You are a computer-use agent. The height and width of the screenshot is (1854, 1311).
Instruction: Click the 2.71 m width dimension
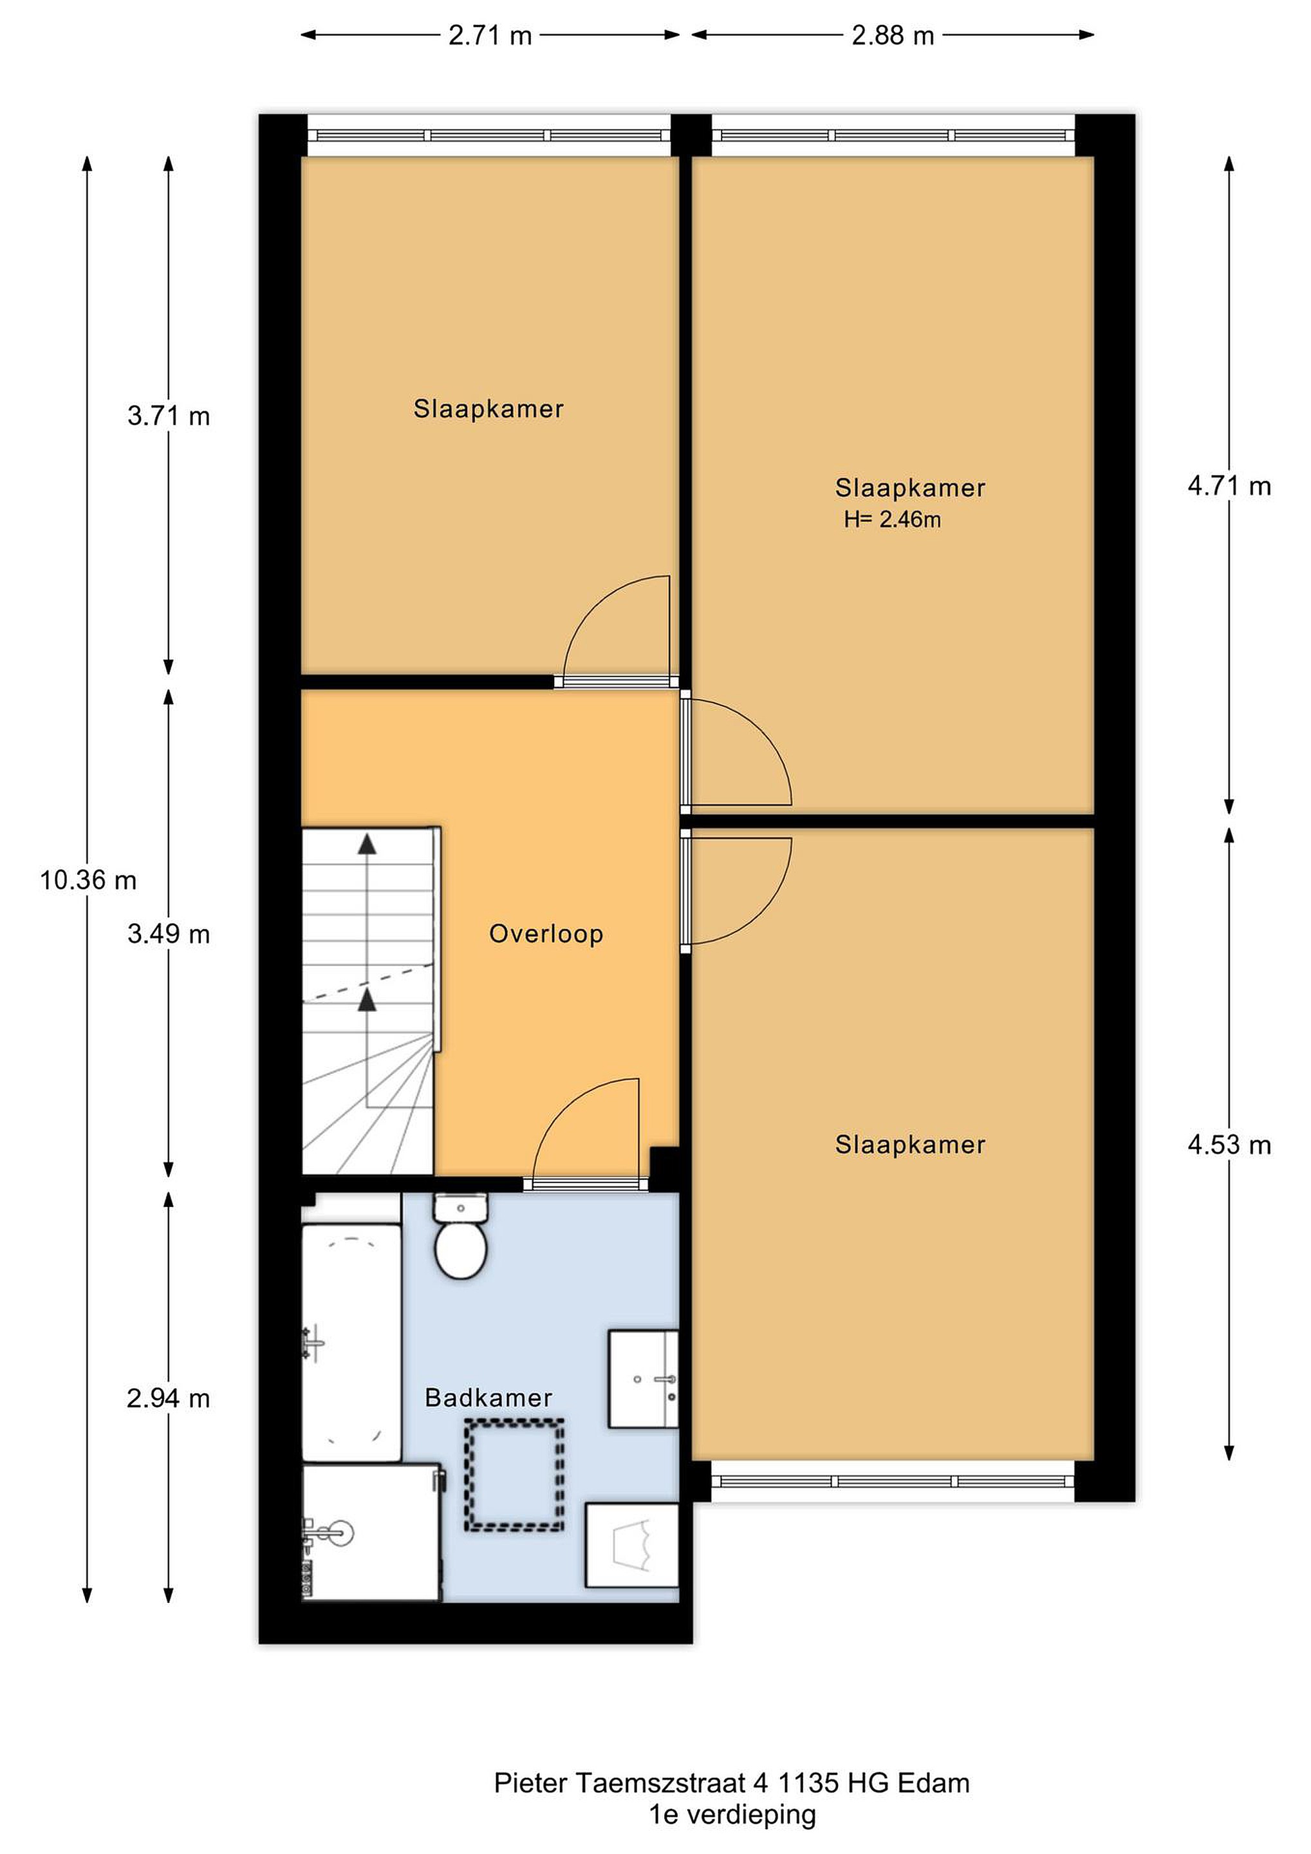tap(490, 35)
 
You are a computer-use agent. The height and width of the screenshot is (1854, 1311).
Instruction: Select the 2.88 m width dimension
tap(893, 35)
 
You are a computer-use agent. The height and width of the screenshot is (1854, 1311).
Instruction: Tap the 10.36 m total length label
tap(88, 879)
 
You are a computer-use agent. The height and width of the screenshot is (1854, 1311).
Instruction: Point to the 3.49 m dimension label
tap(169, 934)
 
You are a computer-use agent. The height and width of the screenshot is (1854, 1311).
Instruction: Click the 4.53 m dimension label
tap(1229, 1145)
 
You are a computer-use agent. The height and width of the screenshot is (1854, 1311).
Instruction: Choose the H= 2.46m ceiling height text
tap(893, 520)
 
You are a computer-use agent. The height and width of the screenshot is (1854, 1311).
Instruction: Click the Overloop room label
tap(546, 934)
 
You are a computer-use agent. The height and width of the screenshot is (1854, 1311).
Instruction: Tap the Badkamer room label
tap(488, 1398)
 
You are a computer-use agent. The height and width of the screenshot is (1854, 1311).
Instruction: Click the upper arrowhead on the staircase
tap(367, 844)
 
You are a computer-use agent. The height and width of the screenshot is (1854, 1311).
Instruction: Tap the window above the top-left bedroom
tap(489, 136)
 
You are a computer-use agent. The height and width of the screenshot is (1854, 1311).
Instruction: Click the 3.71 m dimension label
tap(169, 417)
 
